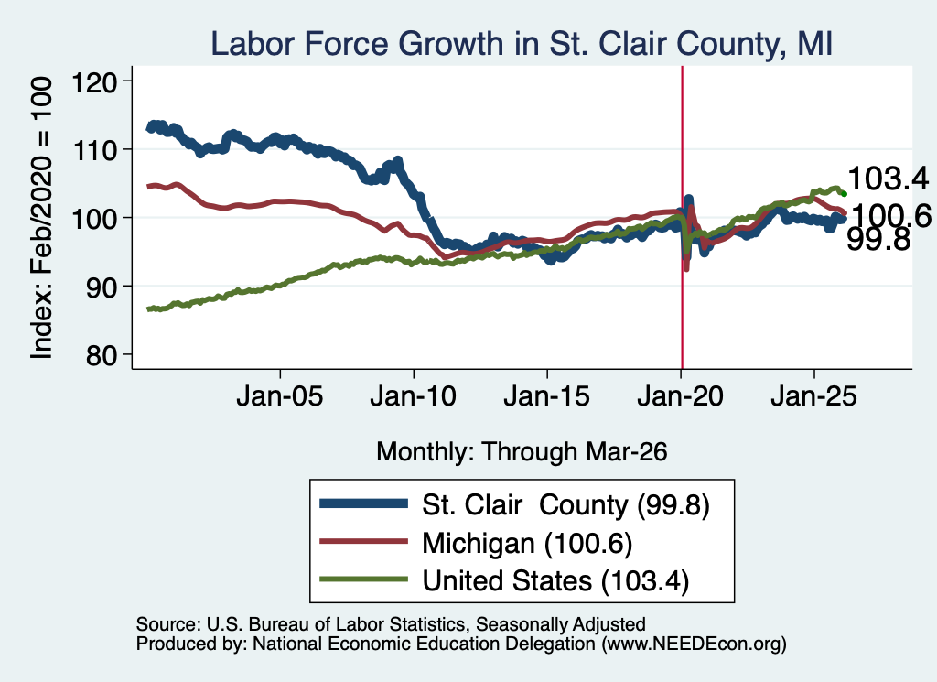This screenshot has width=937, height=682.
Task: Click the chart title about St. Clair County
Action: pyautogui.click(x=522, y=44)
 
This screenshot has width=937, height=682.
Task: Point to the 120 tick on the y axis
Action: pyautogui.click(x=94, y=81)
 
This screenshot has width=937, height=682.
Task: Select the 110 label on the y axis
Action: pyautogui.click(x=94, y=149)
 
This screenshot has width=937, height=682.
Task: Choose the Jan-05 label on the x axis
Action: pyautogui.click(x=280, y=396)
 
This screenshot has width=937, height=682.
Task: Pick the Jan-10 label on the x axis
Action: pyautogui.click(x=413, y=396)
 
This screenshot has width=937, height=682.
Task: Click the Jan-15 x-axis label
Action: pyautogui.click(x=547, y=396)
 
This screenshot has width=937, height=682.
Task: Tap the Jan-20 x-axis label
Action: pyautogui.click(x=681, y=396)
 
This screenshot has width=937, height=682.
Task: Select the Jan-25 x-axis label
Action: pyautogui.click(x=813, y=396)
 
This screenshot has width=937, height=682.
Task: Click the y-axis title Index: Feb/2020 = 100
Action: pyautogui.click(x=41, y=218)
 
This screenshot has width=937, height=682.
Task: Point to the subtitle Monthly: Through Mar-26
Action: pyautogui.click(x=522, y=452)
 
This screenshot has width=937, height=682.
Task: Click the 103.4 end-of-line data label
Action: pyautogui.click(x=888, y=179)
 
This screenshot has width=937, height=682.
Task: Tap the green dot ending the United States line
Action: pyautogui.click(x=844, y=194)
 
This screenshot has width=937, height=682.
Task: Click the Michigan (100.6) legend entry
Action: pyautogui.click(x=527, y=544)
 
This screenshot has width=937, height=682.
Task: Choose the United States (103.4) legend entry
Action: pyautogui.click(x=555, y=581)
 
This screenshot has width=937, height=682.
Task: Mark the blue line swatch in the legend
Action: pyautogui.click(x=364, y=503)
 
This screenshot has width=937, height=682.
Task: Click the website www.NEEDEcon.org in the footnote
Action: pyautogui.click(x=694, y=644)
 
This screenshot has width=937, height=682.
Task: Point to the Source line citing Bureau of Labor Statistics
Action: pyautogui.click(x=391, y=624)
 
